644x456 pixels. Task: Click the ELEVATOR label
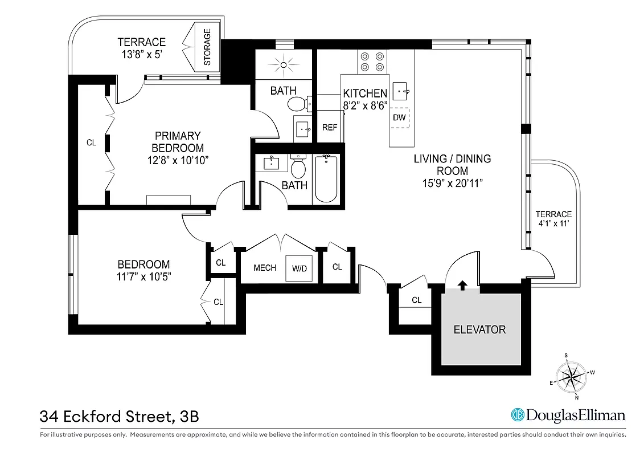coord(479,329)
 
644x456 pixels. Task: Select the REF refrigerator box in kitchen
coord(330,128)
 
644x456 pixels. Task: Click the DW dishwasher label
coord(399,117)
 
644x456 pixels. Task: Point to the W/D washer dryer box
coord(299,268)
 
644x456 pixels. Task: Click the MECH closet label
coord(265,268)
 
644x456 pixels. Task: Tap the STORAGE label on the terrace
coord(207,47)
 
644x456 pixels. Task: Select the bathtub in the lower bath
coord(326,178)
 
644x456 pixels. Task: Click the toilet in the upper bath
coord(297,104)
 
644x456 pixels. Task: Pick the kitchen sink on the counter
coord(403,90)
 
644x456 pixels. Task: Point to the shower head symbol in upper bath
coord(283,65)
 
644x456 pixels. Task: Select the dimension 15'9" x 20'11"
coord(452,184)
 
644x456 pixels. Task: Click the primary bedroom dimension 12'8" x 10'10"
coord(178,160)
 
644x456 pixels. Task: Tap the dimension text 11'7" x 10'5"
coord(143,276)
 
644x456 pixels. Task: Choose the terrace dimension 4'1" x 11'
coord(553,223)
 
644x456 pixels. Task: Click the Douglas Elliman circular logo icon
coord(517,415)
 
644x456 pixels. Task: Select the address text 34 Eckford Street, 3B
coord(120,416)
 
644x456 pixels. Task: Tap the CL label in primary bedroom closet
coord(91,142)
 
